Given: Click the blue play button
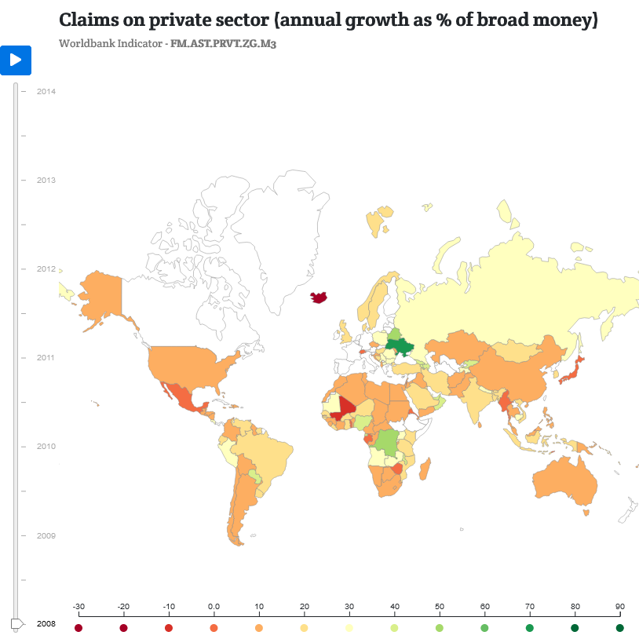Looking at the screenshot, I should click(x=15, y=60).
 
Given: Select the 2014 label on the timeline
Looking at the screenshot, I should click(x=46, y=92).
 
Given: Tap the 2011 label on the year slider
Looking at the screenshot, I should click(x=46, y=358).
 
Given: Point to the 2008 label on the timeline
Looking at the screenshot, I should click(x=46, y=623).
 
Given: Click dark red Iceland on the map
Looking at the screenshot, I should click(x=319, y=298).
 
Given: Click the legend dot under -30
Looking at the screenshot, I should click(x=79, y=628).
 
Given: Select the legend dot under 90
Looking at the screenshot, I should click(x=620, y=628).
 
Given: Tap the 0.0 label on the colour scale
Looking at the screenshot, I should click(x=214, y=607).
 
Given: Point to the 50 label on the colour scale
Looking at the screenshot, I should click(x=440, y=607).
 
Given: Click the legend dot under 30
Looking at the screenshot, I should click(x=349, y=628).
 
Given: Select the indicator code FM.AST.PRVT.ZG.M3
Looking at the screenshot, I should click(x=223, y=43).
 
